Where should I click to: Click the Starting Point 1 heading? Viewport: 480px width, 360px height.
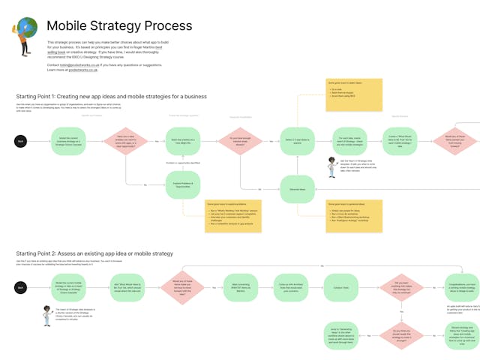(112, 97)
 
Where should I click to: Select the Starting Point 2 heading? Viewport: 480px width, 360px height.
(94, 253)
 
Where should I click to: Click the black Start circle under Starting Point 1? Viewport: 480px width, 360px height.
(21, 141)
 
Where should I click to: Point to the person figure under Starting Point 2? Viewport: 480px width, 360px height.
(46, 316)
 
